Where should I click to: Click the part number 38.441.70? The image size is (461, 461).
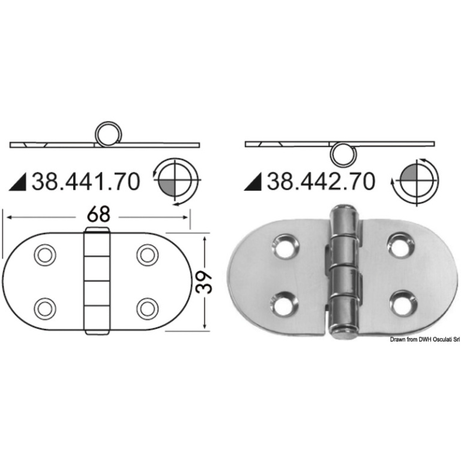click(86, 181)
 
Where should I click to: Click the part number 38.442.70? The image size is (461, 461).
click(321, 181)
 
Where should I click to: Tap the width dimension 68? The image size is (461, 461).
click(98, 215)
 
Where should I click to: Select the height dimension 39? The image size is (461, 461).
click(203, 283)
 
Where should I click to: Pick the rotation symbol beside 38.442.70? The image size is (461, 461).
click(415, 181)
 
